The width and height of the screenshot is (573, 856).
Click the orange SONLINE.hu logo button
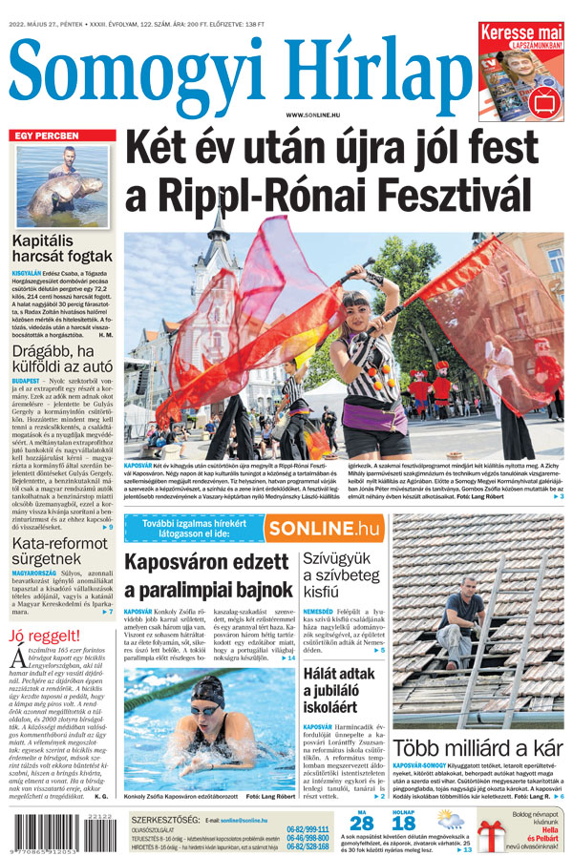pyautogui.click(x=323, y=528)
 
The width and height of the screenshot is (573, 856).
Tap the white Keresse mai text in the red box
pyautogui.click(x=521, y=31)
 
